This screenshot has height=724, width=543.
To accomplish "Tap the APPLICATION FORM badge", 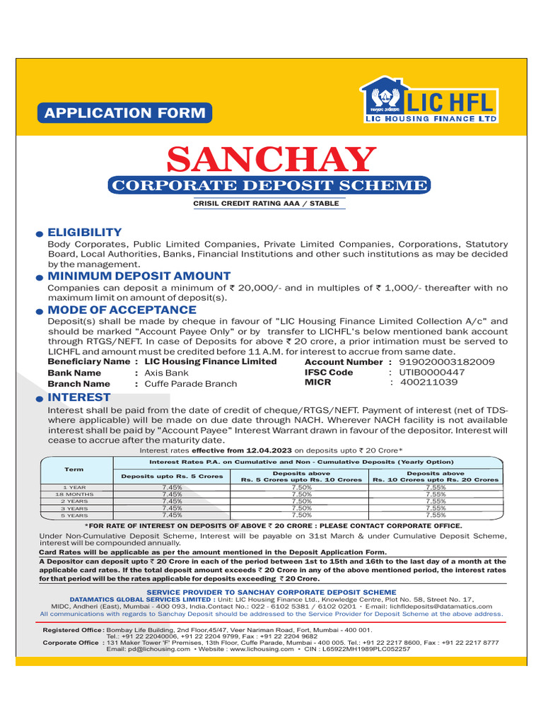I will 124,112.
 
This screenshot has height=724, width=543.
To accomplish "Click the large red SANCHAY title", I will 269,159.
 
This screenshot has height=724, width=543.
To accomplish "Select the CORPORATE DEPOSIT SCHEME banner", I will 269,186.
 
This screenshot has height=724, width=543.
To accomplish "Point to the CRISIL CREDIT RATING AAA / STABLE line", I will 266,204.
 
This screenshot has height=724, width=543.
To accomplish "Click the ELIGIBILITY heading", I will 84,233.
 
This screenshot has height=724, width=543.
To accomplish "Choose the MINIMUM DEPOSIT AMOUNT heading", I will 139,276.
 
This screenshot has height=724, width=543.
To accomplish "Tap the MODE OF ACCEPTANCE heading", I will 122,310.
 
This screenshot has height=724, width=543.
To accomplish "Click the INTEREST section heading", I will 78,397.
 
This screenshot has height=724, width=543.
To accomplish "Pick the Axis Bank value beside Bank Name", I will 166,373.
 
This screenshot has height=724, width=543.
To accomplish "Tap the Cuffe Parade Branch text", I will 190,384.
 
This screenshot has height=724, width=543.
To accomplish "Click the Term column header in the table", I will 74,469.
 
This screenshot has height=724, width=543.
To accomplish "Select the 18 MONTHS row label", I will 74,494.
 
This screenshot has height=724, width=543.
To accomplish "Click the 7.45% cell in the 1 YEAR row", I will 172,487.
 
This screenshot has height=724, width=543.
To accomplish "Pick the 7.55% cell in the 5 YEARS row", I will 436,515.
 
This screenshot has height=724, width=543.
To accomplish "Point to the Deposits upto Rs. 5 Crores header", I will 172,476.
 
